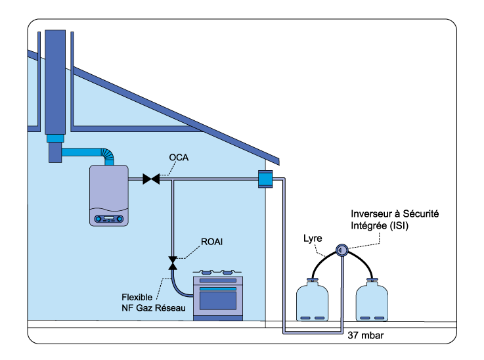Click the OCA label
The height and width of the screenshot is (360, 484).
point(179,158)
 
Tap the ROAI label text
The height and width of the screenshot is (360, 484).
point(212,242)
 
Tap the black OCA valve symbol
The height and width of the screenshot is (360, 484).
point(152,178)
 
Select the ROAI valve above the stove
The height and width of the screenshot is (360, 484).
point(173,262)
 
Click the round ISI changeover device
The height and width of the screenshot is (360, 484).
point(341,250)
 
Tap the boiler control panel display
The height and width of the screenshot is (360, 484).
point(110,218)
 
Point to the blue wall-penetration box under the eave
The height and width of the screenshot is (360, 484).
point(265,179)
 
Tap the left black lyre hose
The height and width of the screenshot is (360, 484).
point(321,260)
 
